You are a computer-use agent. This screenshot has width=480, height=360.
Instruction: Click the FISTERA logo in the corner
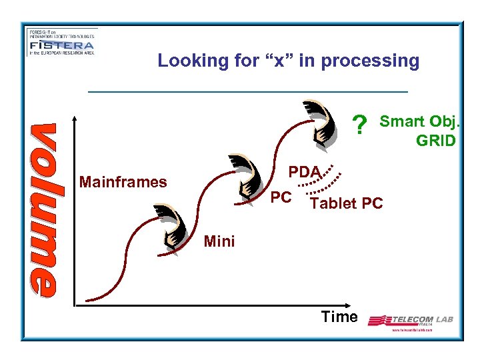pyautogui.click(x=61, y=43)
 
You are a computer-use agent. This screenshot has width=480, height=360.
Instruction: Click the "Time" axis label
pyautogui.click(x=339, y=317)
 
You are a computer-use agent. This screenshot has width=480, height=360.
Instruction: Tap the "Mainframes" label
pyautogui.click(x=123, y=181)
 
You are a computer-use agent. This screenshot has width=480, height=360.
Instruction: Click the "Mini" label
pyautogui.click(x=219, y=241)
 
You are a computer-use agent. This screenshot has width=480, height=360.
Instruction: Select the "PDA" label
pyautogui.click(x=305, y=171)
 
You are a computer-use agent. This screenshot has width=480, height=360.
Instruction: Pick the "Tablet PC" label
pyautogui.click(x=347, y=203)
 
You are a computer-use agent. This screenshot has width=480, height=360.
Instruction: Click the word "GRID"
pyautogui.click(x=435, y=141)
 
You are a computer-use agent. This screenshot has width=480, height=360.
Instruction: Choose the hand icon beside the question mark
pyautogui.click(x=319, y=123)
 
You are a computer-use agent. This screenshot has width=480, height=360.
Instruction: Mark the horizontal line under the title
pyautogui.click(x=247, y=91)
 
